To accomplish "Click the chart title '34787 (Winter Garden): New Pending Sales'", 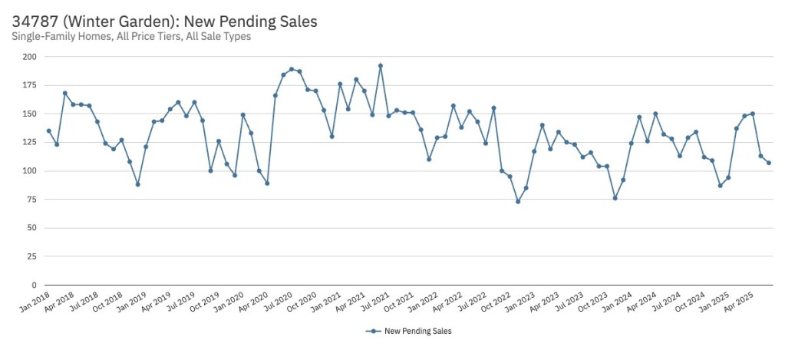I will (x=164, y=21).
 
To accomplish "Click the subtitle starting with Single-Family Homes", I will (x=131, y=36).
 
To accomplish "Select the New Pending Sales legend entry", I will (x=413, y=332).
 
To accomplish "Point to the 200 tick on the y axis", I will (x=30, y=57).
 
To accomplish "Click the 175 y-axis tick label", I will (x=30, y=85).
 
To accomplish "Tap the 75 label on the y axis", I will (x=32, y=200).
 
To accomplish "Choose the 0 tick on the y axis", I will (x=35, y=285).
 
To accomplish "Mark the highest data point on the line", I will (x=381, y=66).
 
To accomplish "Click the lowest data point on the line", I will (x=518, y=202).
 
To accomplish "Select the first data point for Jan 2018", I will (x=49, y=130).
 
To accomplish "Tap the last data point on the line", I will (x=769, y=163).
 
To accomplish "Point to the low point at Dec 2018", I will (x=137, y=184).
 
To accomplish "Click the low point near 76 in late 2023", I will (x=615, y=198).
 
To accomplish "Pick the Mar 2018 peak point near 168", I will (x=65, y=93).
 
